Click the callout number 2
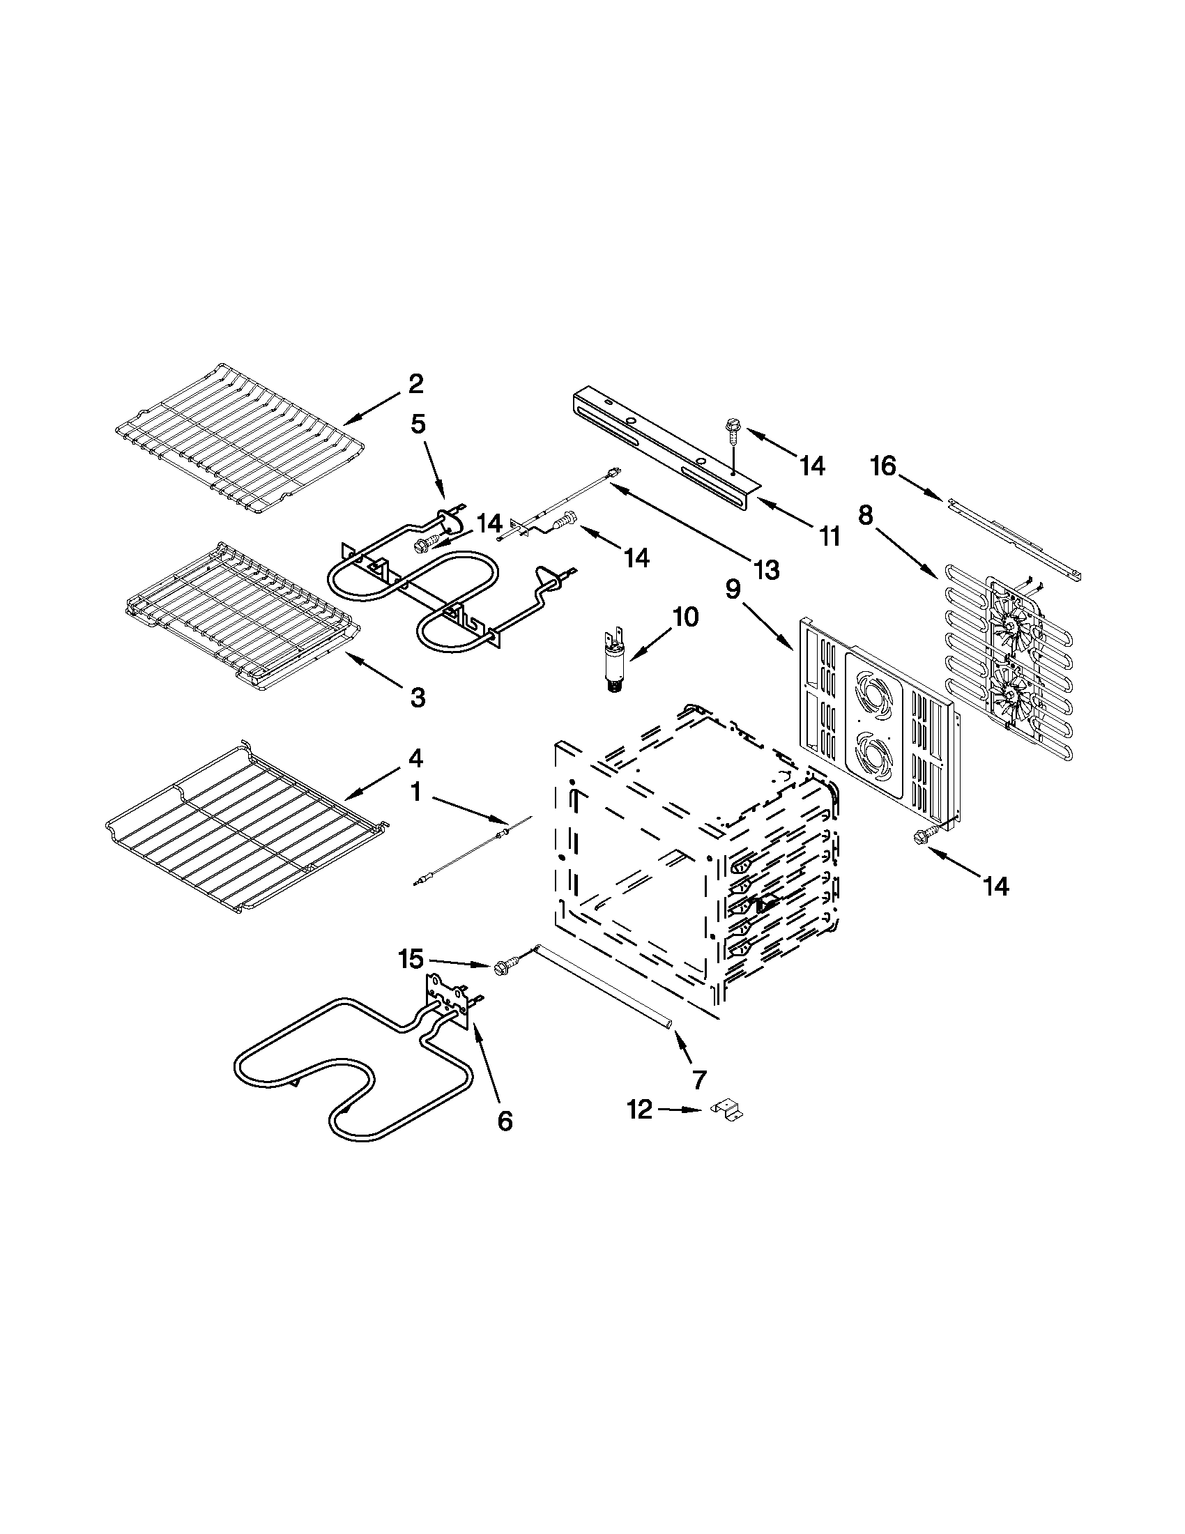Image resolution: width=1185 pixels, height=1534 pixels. pyautogui.click(x=416, y=384)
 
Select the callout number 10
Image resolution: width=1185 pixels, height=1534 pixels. pyautogui.click(x=685, y=618)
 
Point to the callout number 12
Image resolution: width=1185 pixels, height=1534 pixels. pyautogui.click(x=639, y=1110)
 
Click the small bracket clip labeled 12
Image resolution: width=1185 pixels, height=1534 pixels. pyautogui.click(x=728, y=1110)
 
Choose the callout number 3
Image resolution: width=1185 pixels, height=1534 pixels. pyautogui.click(x=418, y=698)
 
